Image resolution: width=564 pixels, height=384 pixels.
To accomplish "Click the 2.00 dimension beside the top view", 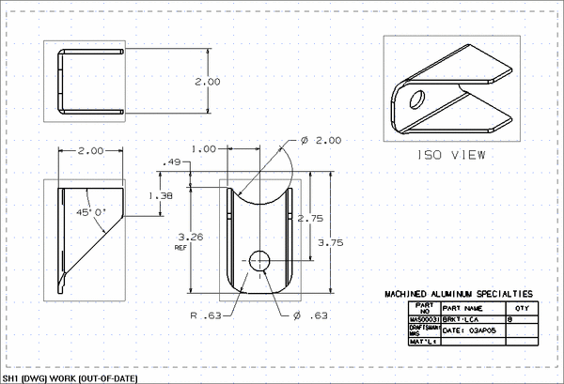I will click(x=207, y=82).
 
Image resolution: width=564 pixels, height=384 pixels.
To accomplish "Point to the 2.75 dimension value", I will click(x=310, y=218).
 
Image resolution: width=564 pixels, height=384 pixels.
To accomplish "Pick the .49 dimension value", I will click(x=171, y=162).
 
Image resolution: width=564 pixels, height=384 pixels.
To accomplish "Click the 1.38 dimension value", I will click(x=161, y=195).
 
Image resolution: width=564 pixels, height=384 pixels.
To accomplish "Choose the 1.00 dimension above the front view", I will click(x=203, y=148).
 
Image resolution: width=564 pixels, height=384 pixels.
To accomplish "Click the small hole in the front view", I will click(x=258, y=259).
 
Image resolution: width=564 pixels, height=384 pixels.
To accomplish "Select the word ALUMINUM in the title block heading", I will click(x=452, y=294).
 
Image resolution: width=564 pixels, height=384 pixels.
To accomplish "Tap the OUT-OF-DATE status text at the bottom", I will click(x=106, y=377).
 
